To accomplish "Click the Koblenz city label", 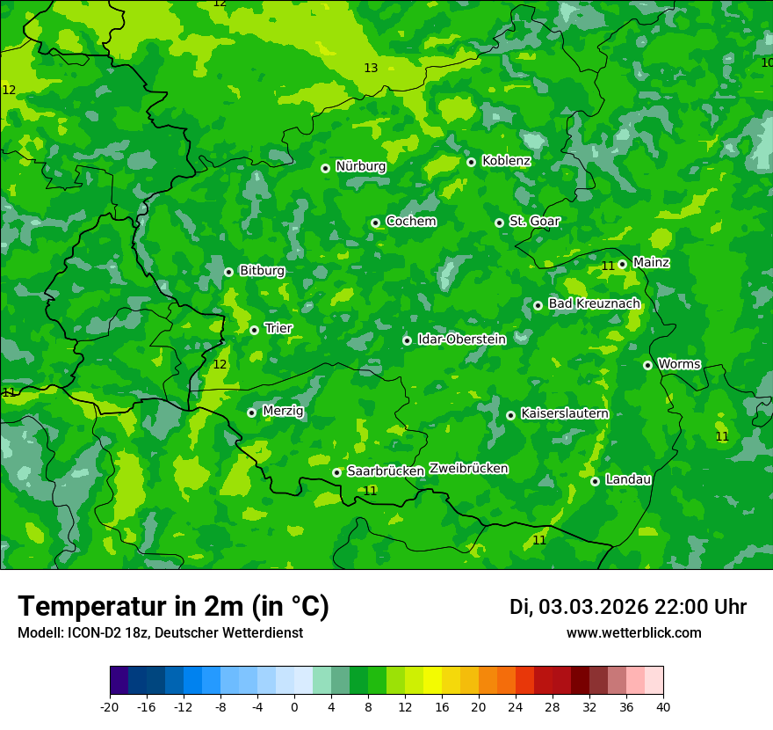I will point(506,161).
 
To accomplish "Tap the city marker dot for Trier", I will point(254,330).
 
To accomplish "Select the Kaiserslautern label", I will point(564,413).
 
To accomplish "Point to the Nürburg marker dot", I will point(325,168).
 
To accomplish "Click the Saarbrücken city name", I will point(386,471).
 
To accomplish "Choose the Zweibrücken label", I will point(468,469).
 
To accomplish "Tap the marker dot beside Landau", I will point(595,481).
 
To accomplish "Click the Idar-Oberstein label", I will point(461,339).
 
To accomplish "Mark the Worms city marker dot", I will point(647,365).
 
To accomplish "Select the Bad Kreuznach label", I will point(594,303).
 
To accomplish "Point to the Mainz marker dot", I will point(622,264).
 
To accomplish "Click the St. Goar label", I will point(534,222).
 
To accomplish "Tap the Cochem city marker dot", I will point(375,223).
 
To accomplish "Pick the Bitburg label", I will point(262,271).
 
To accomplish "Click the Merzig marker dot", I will point(251,412).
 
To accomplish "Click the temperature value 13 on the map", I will point(371,68).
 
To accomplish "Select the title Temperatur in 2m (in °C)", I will point(173,607).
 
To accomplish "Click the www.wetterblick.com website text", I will point(633,632).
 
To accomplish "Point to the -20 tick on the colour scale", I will point(110,707).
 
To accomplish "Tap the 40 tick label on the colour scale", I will point(663,707).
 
